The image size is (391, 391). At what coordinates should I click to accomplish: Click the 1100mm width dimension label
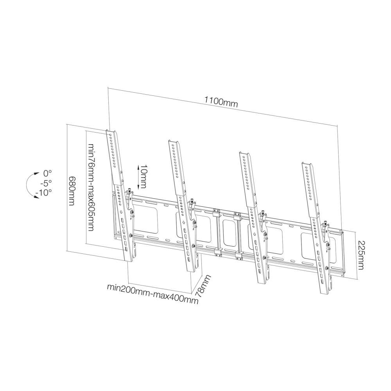(x=221, y=102)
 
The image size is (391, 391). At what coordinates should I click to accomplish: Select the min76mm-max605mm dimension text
(x=91, y=187)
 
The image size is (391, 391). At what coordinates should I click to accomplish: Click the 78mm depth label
(x=203, y=287)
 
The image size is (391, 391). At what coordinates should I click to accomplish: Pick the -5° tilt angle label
(x=46, y=183)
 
